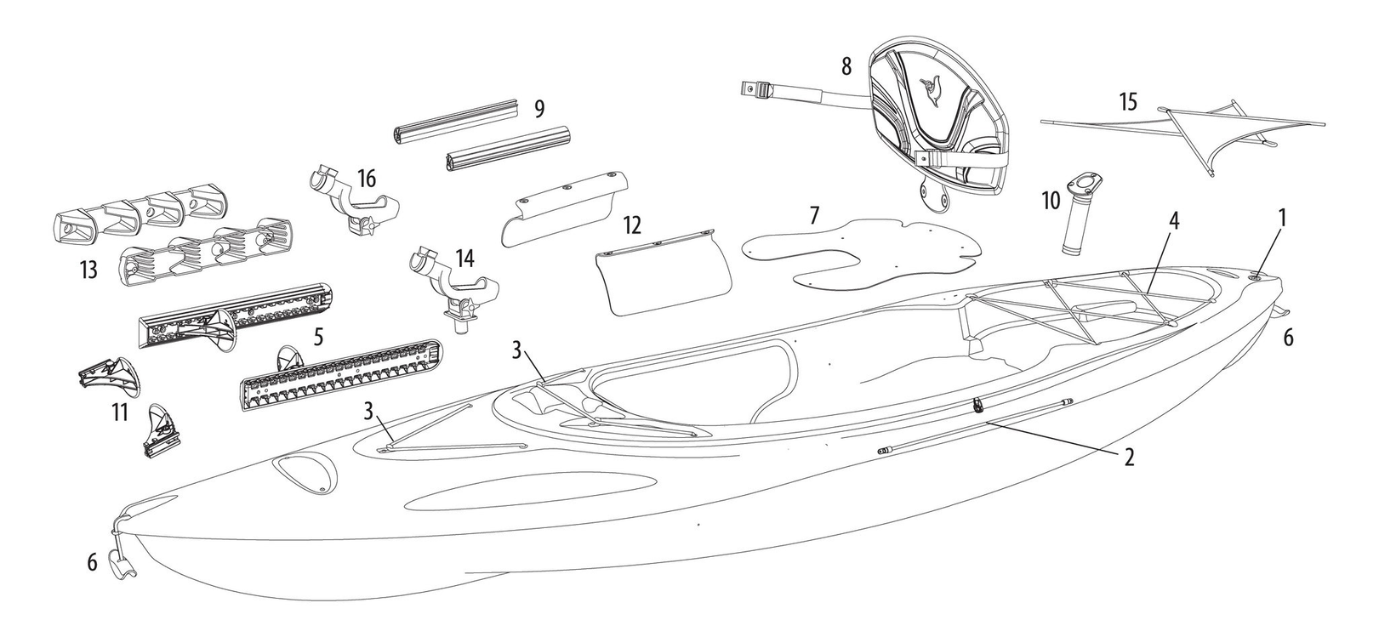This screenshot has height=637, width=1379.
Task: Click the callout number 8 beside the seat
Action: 846,66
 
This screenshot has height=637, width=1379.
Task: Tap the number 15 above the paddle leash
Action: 1128,102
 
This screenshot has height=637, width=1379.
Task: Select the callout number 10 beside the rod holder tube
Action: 1051,200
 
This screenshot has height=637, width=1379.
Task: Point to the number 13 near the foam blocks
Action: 89,269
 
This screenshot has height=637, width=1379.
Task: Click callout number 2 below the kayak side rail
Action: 1128,457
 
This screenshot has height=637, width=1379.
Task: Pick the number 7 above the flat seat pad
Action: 814,215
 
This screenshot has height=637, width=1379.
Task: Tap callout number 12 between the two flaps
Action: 632,225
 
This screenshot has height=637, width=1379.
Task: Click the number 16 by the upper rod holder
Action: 367,179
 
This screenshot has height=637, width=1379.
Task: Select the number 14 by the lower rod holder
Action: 464,259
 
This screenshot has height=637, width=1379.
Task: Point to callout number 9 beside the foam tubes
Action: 539,110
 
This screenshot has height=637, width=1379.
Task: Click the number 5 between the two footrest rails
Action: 318,336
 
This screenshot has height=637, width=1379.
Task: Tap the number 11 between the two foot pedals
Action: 119,412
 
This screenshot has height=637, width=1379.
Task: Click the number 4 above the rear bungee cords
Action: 1174,220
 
